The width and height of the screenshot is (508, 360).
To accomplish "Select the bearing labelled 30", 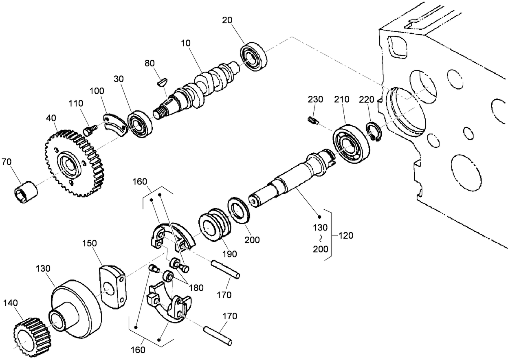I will (x=141, y=124).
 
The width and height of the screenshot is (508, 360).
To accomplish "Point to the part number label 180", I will (x=196, y=288).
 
